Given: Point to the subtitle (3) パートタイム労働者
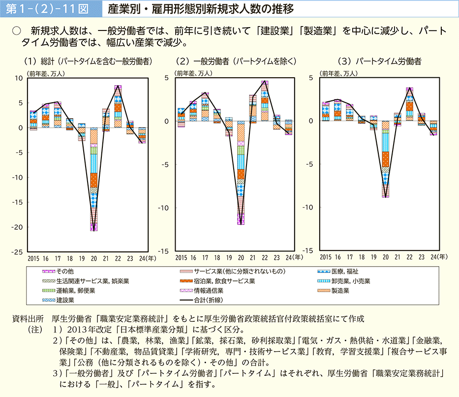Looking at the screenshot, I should click(x=379, y=61).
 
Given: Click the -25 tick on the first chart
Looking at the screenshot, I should click(x=18, y=252).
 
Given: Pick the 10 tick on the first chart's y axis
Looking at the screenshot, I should click(x=20, y=78).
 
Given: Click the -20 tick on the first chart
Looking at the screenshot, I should click(x=18, y=227).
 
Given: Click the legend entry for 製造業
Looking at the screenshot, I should click(x=340, y=291).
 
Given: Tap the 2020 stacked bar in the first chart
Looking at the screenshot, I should click(x=93, y=179).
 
